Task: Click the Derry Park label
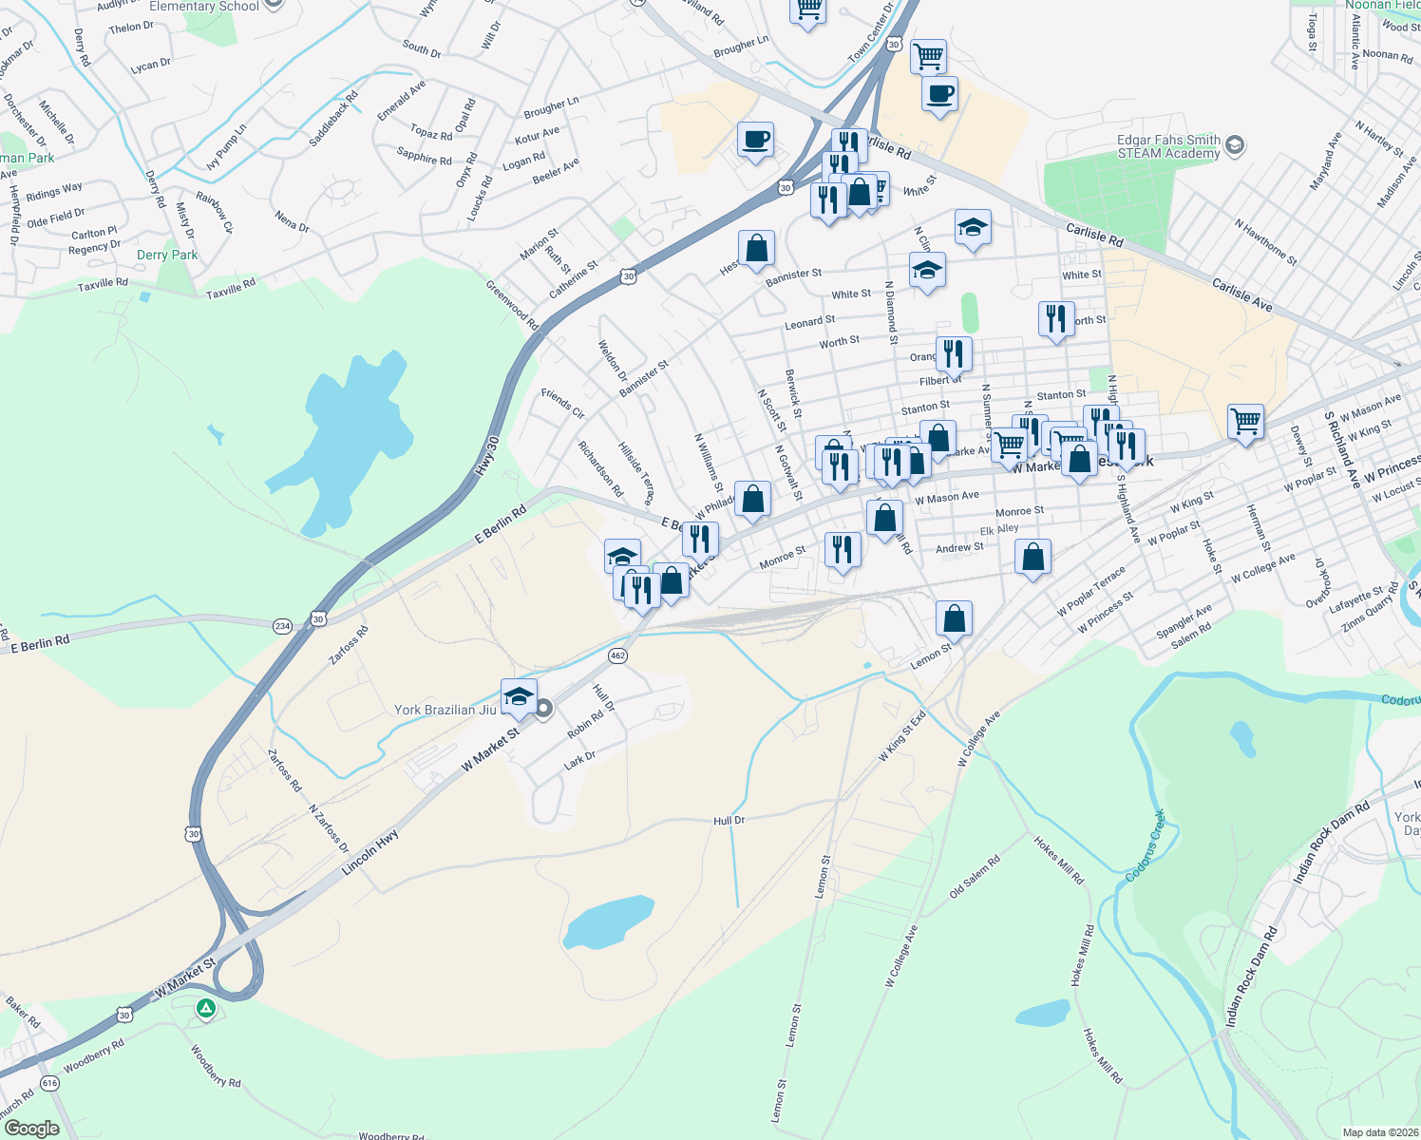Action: (x=167, y=255)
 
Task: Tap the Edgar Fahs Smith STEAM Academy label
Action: (x=1168, y=146)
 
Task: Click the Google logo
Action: (x=31, y=1129)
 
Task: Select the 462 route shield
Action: (x=617, y=655)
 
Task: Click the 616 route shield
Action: (x=49, y=1083)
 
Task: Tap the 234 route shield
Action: (x=282, y=625)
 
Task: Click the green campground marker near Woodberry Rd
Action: (x=206, y=1008)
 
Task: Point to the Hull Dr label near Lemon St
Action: (x=729, y=820)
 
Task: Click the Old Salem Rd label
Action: (x=975, y=877)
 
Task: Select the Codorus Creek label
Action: (x=1146, y=845)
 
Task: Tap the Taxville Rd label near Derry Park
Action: (x=231, y=288)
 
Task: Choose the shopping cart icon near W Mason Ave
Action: (x=1244, y=421)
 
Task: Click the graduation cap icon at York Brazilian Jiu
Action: (x=518, y=696)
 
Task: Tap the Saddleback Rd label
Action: (x=333, y=118)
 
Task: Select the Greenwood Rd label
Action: (x=512, y=305)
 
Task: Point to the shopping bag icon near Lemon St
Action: (x=954, y=618)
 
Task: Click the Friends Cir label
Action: (x=563, y=403)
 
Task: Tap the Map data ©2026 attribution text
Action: (x=1376, y=1131)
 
